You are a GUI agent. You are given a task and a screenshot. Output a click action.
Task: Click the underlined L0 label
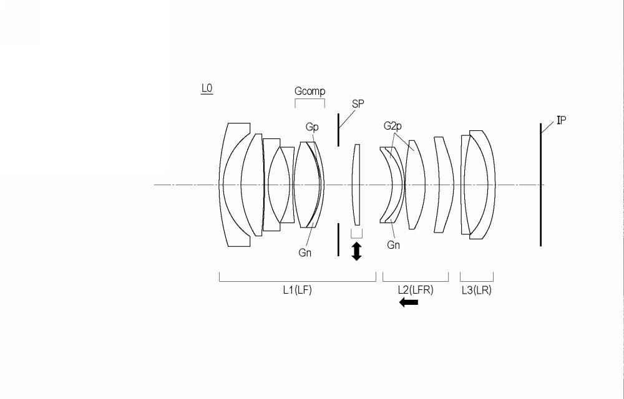coord(207,89)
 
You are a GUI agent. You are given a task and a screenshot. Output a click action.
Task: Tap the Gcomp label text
coord(310,91)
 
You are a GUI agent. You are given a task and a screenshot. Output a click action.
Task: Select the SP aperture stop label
coord(358,103)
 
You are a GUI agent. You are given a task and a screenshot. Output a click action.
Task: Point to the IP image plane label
coord(561,120)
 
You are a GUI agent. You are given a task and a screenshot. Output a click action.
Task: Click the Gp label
coord(312,127)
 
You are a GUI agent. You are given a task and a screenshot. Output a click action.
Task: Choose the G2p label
coord(392,126)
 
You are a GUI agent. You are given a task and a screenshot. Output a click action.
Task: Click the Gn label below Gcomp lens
coord(305,252)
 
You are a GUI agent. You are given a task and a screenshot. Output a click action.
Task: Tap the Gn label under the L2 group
coord(393,245)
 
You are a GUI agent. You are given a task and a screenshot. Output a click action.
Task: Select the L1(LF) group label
coord(297,290)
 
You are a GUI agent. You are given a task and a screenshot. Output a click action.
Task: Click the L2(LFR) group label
coord(416,290)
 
